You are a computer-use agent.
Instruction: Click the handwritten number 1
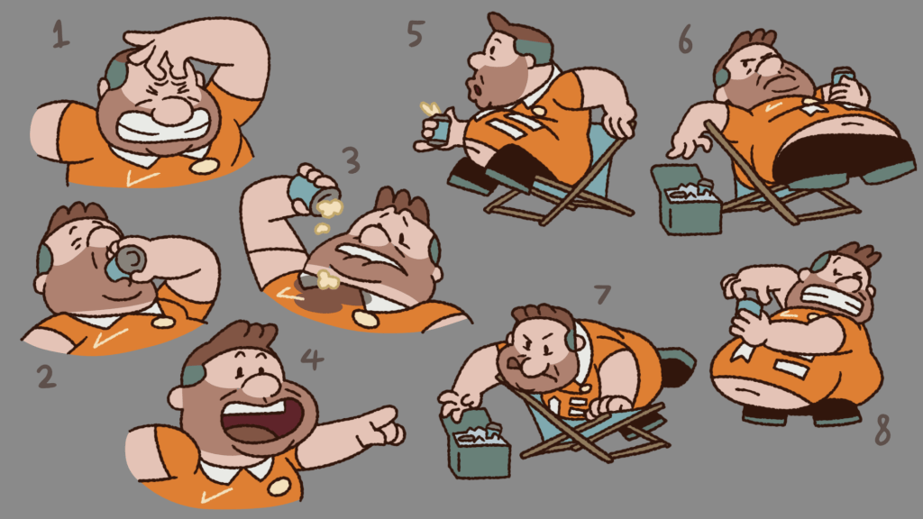(x=60, y=34)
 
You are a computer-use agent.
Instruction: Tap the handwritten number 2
(x=47, y=377)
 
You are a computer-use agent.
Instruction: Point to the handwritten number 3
(x=351, y=160)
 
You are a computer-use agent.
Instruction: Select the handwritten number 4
(x=311, y=359)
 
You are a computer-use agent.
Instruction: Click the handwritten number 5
(x=416, y=33)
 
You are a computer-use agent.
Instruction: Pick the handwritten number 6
(x=685, y=40)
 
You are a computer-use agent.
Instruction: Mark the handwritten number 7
(x=603, y=295)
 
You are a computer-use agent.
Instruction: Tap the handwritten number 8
(x=882, y=430)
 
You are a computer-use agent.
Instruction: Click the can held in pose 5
(x=438, y=130)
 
